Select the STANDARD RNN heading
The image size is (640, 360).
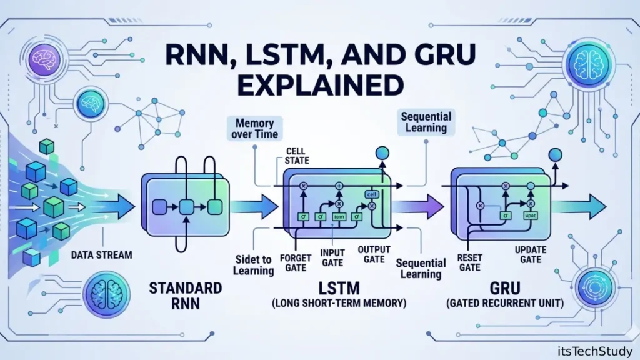(185, 296)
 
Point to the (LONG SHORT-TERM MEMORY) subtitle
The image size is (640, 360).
(340, 304)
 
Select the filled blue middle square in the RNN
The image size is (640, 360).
(186, 206)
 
